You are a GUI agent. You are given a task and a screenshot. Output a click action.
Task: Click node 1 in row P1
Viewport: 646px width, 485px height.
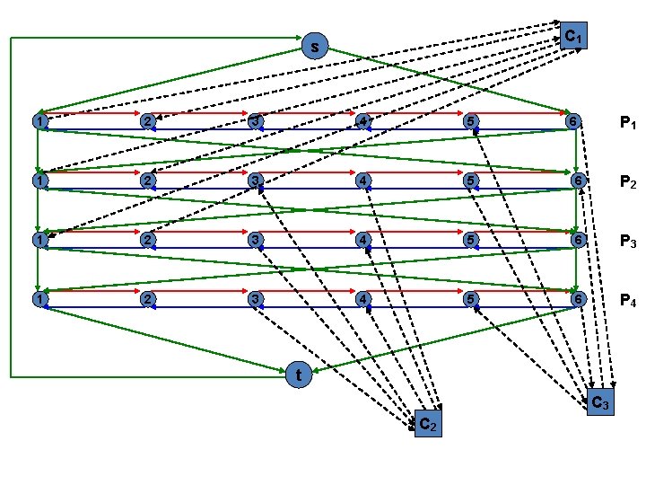(x=38, y=121)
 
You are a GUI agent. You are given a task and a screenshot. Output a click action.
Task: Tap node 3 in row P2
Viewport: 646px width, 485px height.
(x=256, y=181)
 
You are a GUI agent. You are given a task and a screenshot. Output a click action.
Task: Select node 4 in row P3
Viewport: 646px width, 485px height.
(x=362, y=239)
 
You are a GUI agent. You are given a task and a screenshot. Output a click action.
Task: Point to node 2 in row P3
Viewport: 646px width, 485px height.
(x=147, y=239)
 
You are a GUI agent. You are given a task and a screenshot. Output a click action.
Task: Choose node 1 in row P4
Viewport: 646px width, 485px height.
(x=38, y=298)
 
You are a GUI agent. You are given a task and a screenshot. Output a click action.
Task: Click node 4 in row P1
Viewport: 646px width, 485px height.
(x=362, y=121)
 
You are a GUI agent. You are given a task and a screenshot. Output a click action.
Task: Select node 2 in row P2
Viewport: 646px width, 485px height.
(x=147, y=181)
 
